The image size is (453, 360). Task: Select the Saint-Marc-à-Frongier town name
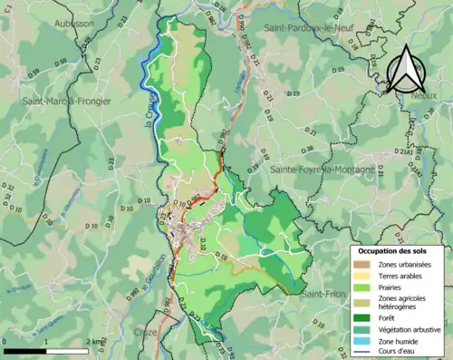(67, 102)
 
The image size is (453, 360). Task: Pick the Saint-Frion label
(323, 293)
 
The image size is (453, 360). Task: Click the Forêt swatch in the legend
(360, 316)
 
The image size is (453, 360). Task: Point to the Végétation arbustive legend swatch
(360, 328)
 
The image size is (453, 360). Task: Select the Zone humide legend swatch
(360, 340)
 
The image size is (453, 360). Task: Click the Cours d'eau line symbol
(360, 352)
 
